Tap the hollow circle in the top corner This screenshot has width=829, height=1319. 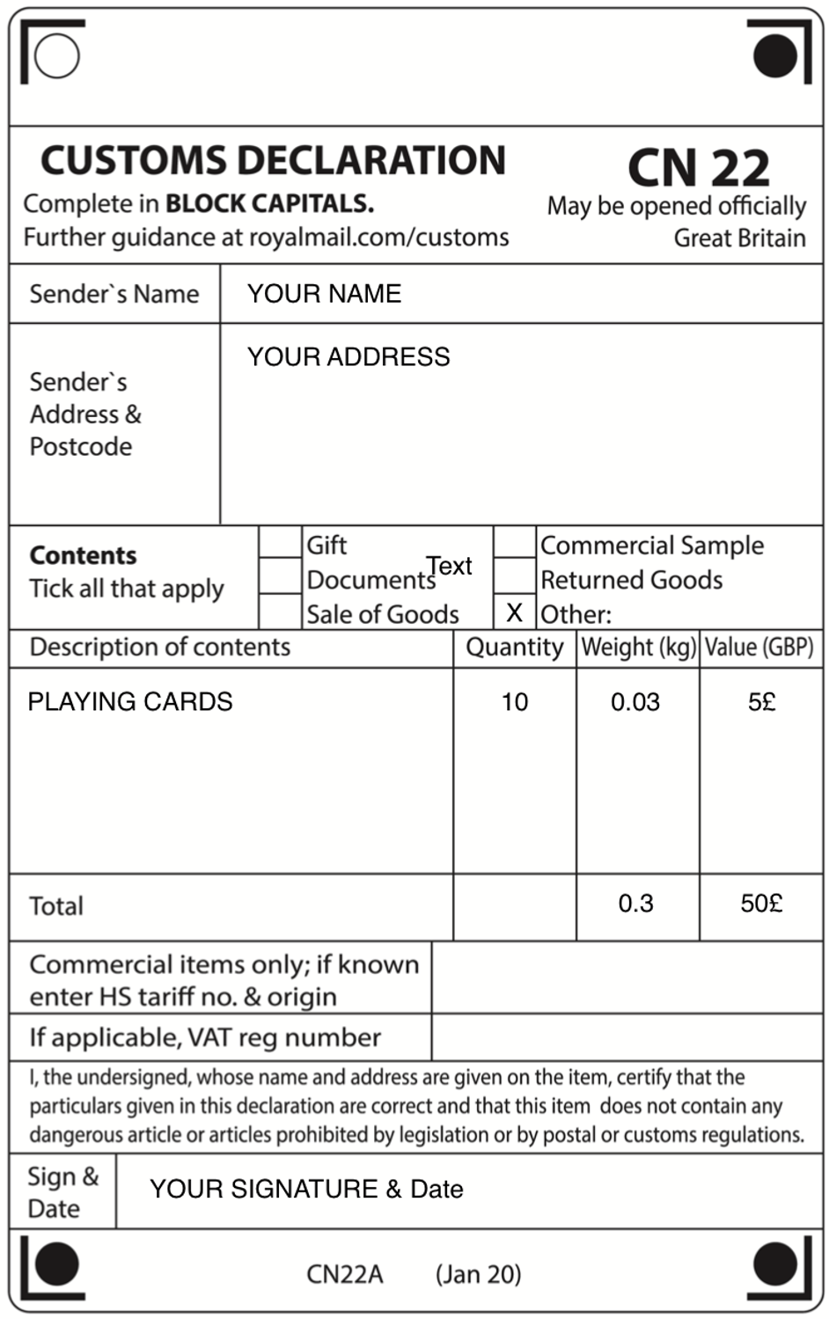[x=57, y=55]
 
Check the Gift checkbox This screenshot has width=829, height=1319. [x=281, y=544]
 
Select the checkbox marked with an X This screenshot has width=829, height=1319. [x=515, y=612]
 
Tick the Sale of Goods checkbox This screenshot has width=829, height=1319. [x=281, y=612]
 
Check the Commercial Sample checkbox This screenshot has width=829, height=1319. [x=515, y=544]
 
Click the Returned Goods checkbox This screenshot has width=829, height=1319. [x=515, y=577]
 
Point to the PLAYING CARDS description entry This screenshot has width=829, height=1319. [x=130, y=701]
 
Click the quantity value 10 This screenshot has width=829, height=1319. [x=515, y=702]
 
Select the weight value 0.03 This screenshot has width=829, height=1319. [x=635, y=702]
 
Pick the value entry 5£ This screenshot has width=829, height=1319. [x=762, y=702]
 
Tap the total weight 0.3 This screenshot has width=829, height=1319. [x=635, y=904]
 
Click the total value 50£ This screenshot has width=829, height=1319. [x=761, y=904]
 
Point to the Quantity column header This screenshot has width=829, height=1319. [x=515, y=648]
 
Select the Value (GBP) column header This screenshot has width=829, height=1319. [x=759, y=648]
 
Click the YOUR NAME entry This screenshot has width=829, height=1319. [x=324, y=294]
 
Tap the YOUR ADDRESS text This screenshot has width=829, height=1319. [x=348, y=357]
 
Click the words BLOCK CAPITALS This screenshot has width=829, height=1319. [x=269, y=204]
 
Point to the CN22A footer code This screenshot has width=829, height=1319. [x=345, y=1274]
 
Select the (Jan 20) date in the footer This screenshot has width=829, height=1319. [x=478, y=1274]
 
